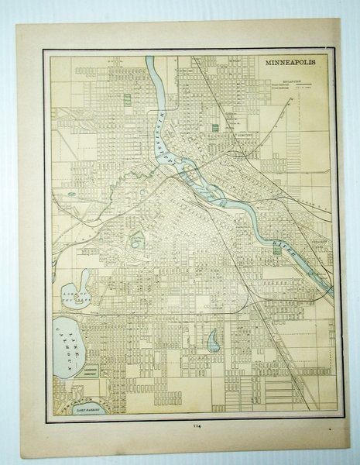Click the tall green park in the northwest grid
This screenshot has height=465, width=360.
pyautogui.click(x=126, y=102)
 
